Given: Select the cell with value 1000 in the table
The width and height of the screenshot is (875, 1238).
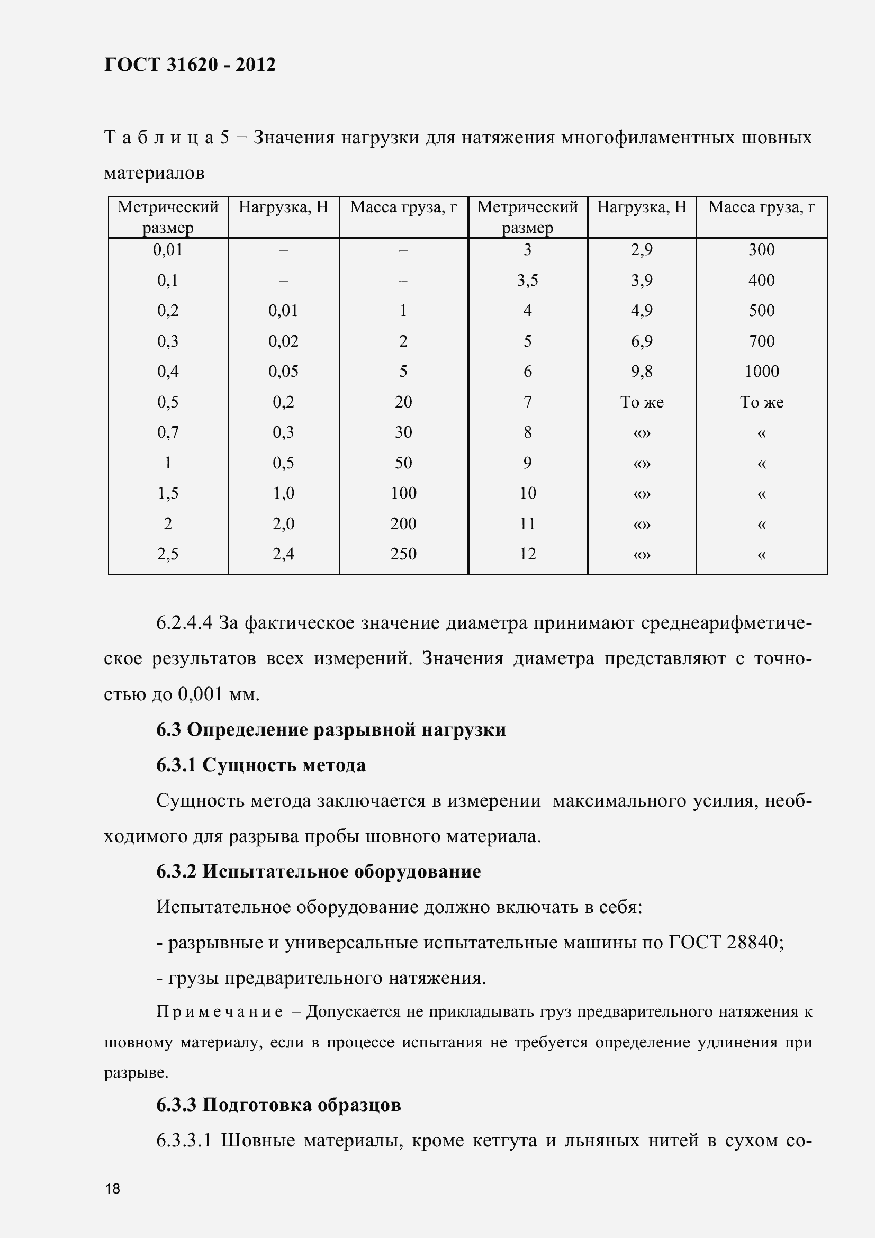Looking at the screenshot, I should (761, 372).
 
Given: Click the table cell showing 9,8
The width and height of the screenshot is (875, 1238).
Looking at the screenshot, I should (642, 372).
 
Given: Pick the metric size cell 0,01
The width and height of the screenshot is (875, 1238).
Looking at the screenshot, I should (168, 250).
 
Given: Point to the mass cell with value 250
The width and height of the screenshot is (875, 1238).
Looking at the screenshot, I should (403, 554).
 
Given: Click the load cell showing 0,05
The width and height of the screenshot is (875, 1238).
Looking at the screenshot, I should (283, 372).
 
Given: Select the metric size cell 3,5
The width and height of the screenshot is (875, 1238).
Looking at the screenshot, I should (527, 281).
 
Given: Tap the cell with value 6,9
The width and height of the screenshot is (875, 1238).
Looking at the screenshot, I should (642, 341).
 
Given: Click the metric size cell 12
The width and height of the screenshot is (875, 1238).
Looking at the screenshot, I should (527, 554).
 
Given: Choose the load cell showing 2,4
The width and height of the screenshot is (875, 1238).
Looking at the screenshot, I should (283, 554).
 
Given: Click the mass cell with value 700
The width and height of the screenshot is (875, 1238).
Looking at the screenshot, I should (761, 341).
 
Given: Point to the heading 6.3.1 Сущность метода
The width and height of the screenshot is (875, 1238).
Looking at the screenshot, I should (261, 765).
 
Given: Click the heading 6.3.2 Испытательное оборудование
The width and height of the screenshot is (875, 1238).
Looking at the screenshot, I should (319, 871).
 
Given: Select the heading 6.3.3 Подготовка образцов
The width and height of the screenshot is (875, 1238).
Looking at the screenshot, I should (279, 1105).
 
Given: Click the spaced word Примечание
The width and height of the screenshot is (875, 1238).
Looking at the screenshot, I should (220, 1011).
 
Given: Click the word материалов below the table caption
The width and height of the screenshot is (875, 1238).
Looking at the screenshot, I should (154, 174).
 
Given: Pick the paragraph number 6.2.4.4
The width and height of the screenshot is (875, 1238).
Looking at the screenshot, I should (184, 623).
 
